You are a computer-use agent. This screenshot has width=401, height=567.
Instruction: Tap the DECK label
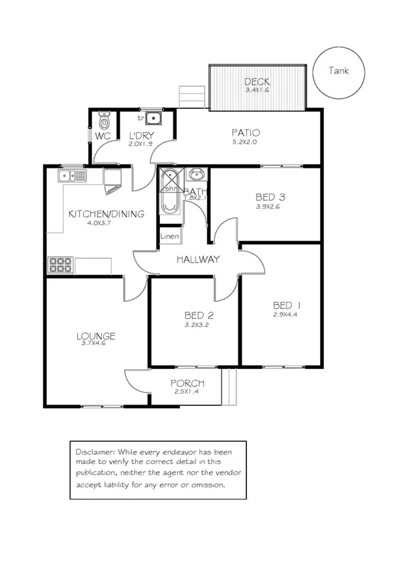click(256, 82)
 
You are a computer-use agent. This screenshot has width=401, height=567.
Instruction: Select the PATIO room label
click(246, 132)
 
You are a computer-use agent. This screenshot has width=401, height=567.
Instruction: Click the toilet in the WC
click(103, 122)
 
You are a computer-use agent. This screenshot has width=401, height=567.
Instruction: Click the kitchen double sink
click(72, 177)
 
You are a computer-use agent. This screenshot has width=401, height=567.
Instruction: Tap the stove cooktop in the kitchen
click(61, 265)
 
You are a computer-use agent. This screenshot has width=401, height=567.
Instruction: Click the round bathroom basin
click(196, 176)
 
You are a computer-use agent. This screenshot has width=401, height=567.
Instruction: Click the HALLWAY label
click(198, 259)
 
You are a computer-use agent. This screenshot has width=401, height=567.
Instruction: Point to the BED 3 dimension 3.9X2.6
click(270, 207)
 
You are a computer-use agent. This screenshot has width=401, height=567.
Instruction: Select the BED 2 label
click(198, 316)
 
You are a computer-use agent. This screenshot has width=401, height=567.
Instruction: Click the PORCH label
click(187, 383)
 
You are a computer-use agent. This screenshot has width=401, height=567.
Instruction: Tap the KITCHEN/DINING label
click(106, 214)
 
